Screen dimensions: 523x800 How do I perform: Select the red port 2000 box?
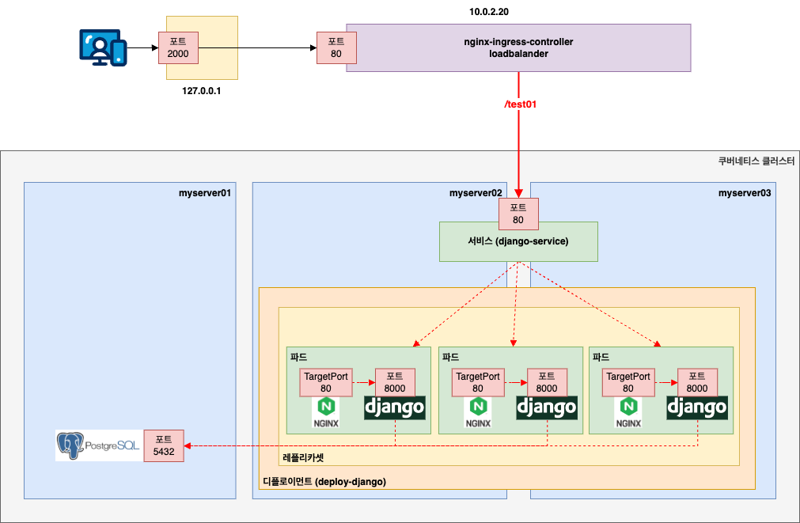[178, 47]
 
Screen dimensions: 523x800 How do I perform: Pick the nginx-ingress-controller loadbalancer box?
[518, 47]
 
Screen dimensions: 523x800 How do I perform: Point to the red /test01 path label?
[520, 104]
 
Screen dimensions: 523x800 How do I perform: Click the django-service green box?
[518, 241]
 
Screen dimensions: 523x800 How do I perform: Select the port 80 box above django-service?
[518, 213]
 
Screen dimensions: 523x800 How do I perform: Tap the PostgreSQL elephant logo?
[70, 445]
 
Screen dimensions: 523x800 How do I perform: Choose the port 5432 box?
[164, 445]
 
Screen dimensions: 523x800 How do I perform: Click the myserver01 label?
[205, 192]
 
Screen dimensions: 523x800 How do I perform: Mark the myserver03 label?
[744, 192]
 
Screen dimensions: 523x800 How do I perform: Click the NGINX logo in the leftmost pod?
[326, 411]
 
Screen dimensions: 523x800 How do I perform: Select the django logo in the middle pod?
[547, 407]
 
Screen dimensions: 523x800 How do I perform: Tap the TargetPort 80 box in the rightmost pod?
[627, 382]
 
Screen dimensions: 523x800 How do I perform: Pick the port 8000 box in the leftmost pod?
[394, 382]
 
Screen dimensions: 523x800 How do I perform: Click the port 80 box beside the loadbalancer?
[336, 47]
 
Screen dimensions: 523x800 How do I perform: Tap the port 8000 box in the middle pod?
[546, 382]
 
